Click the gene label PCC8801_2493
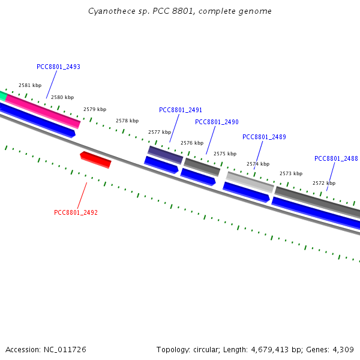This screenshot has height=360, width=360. pyautogui.click(x=58, y=67)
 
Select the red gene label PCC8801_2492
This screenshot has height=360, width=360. pyautogui.click(x=76, y=212)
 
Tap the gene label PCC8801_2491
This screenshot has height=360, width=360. pyautogui.click(x=181, y=110)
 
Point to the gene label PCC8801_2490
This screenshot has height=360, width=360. pyautogui.click(x=217, y=122)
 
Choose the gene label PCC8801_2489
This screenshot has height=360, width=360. pyautogui.click(x=264, y=137)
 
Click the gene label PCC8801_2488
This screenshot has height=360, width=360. pyautogui.click(x=336, y=158)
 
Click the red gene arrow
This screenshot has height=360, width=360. pyautogui.click(x=95, y=160)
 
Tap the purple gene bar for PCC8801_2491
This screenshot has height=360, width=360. pyautogui.click(x=166, y=154)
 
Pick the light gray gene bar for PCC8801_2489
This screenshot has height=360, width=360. pyautogui.click(x=250, y=182)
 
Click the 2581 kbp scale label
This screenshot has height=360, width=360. pyautogui.click(x=30, y=86)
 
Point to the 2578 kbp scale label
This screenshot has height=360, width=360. pyautogui.click(x=127, y=121)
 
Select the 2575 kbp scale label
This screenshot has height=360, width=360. pyautogui.click(x=225, y=154)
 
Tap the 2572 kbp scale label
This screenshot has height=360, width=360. pyautogui.click(x=324, y=183)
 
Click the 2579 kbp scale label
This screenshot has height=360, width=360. pyautogui.click(x=95, y=109)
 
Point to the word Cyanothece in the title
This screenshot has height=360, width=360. pyautogui.click(x=108, y=11)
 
